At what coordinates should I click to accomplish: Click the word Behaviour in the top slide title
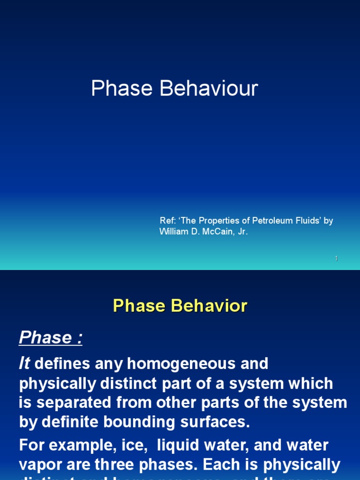coord(209,89)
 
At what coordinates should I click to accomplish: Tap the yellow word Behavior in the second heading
coord(209,306)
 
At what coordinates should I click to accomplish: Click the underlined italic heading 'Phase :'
coord(51,337)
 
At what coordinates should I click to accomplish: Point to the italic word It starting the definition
coord(24,364)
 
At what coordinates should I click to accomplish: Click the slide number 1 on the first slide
coord(336,259)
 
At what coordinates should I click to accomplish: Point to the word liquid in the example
coord(157,445)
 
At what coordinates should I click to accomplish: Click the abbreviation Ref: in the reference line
coord(167,221)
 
